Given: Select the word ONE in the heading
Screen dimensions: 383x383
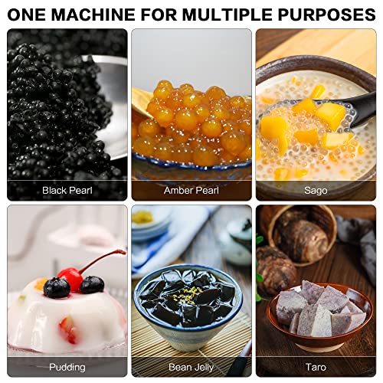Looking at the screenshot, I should pos(28,14).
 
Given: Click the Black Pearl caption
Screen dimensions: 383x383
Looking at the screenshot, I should pos(67,190).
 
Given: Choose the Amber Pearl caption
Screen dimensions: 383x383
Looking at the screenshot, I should pos(191,190).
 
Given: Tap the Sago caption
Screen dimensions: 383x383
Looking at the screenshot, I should pos(315,190).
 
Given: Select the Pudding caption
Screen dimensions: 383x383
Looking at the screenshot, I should pos(67,367).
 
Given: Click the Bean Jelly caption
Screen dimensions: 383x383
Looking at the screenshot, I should pos(191,367).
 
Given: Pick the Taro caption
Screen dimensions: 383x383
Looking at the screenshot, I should pos(315,367).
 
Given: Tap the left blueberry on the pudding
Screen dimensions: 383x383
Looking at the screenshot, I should pos(56,288).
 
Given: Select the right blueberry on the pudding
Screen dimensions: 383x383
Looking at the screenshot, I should pos(92,285).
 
